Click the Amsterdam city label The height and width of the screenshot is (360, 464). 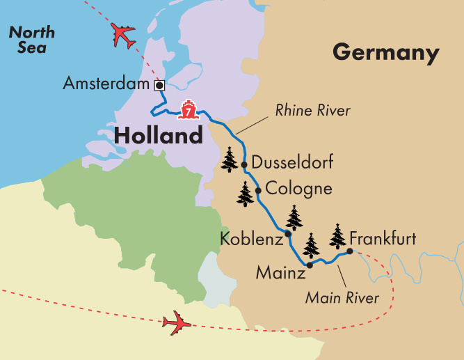click(x=106, y=85)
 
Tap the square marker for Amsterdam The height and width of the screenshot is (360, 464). click(x=159, y=85)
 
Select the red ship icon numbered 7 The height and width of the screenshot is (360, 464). click(x=187, y=109)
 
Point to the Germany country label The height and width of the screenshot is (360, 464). click(x=386, y=53)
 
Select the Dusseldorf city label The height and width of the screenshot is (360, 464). click(x=292, y=164)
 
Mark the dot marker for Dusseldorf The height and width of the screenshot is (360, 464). click(x=244, y=164)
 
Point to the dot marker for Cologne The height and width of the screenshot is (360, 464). click(x=258, y=190)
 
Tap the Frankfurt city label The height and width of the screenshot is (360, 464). click(x=383, y=239)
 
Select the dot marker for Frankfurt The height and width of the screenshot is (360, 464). click(x=349, y=251)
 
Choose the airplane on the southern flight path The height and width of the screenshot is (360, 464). click(x=177, y=322)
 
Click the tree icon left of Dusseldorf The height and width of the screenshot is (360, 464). click(x=230, y=159)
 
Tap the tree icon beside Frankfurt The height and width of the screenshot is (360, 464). click(x=337, y=237)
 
